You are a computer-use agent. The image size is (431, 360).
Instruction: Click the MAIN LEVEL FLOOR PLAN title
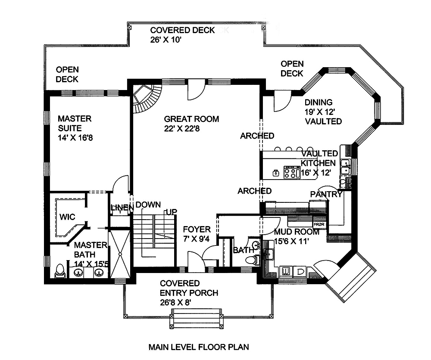point(199,347)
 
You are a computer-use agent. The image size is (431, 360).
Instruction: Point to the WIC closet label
point(68,216)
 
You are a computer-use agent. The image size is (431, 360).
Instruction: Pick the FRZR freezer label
point(319,225)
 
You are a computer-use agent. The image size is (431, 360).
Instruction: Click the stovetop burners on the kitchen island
point(292,173)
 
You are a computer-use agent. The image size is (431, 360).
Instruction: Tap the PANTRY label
point(326,195)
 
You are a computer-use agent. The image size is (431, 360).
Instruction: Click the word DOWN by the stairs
point(148,205)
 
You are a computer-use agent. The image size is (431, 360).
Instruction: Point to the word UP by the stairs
point(172,212)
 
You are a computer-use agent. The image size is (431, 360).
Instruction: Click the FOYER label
point(197,230)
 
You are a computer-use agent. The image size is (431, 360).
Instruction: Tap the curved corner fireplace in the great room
point(146,98)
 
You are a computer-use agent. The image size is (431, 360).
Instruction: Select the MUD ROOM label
point(297,232)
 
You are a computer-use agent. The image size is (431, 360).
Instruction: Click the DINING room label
point(319,102)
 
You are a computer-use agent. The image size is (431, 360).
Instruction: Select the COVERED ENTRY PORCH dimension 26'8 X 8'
point(175,303)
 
